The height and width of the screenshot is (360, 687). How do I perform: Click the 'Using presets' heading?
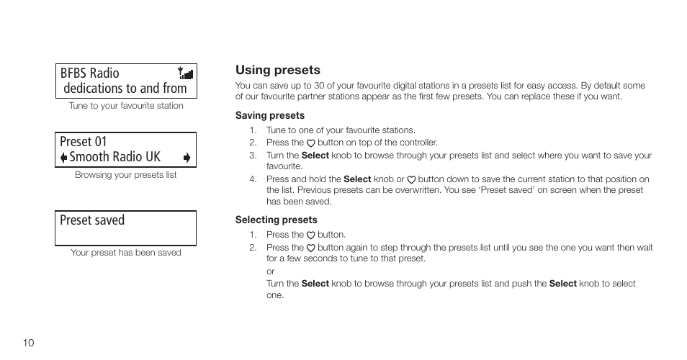click(x=277, y=70)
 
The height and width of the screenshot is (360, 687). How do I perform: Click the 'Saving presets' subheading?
click(x=269, y=115)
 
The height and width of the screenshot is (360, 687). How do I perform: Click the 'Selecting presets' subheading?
click(x=276, y=220)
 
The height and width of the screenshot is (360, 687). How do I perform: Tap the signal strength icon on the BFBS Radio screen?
click(x=187, y=72)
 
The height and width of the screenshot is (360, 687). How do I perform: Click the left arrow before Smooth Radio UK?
click(x=63, y=158)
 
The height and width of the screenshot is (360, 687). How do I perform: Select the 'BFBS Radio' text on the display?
click(x=89, y=73)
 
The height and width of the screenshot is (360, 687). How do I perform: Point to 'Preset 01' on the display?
click(x=83, y=141)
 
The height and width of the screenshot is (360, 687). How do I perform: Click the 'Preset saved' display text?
click(x=92, y=220)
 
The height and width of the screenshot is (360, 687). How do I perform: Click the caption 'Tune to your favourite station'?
click(x=126, y=106)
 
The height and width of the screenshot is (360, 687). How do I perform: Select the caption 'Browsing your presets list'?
click(x=126, y=175)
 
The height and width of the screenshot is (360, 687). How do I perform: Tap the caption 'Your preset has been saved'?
click(x=126, y=253)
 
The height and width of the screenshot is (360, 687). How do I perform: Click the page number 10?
click(x=29, y=343)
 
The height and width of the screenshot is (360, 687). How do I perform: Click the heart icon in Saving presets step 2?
click(x=311, y=143)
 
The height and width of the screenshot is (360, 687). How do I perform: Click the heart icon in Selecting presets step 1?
click(x=311, y=235)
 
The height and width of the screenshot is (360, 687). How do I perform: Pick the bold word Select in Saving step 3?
click(x=315, y=155)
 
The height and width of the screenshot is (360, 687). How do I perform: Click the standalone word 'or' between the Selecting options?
click(x=271, y=271)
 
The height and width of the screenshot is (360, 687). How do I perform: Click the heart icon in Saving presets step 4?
click(x=411, y=179)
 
